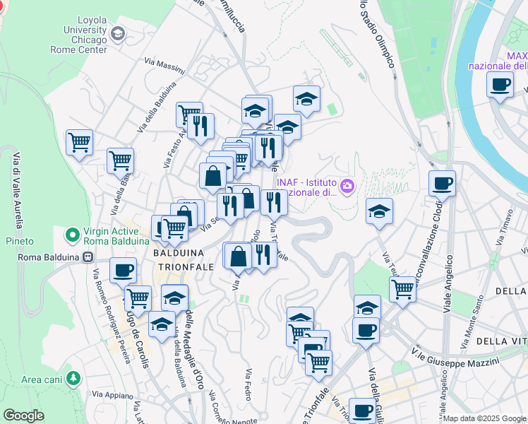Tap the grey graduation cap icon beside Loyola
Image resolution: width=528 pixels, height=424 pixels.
pyautogui.click(x=117, y=33)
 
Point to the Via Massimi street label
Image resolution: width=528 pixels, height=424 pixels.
pyautogui.click(x=164, y=67)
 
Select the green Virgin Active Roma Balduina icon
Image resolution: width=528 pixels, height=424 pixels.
pyautogui.click(x=71, y=234)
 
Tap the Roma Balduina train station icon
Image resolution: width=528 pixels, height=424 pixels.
pyautogui.click(x=88, y=257)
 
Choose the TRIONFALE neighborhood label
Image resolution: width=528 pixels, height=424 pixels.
pyautogui.click(x=180, y=266)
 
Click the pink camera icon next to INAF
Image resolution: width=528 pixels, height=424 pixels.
pyautogui.click(x=347, y=186)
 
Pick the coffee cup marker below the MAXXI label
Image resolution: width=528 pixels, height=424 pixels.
pyautogui.click(x=500, y=86)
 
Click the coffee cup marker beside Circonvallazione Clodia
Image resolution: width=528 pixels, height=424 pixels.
pyautogui.click(x=442, y=184)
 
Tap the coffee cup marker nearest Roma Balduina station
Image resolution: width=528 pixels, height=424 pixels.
pyautogui.click(x=123, y=271)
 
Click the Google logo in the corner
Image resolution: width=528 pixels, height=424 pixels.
pyautogui.click(x=23, y=416)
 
